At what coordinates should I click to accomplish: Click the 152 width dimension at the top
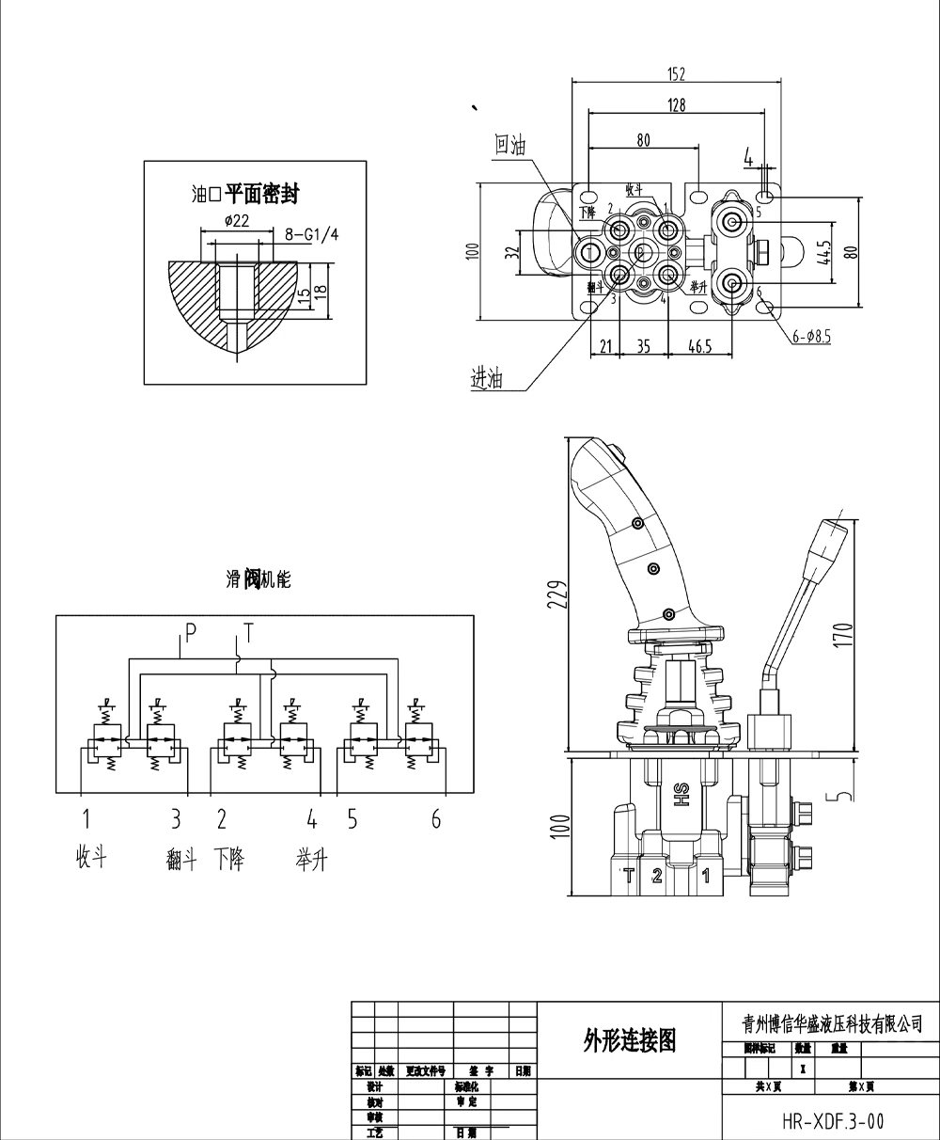point(677,74)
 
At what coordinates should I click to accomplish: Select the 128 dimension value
point(677,105)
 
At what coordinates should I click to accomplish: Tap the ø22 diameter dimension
point(237,221)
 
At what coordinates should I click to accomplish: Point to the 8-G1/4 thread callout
point(311,235)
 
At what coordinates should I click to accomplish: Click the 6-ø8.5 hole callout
point(810,333)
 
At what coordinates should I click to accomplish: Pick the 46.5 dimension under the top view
point(699,346)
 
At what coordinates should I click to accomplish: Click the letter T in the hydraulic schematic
point(248,631)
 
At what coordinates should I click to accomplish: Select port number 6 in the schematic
point(436,819)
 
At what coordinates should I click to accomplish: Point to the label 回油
point(510,145)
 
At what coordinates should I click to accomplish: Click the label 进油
point(487,379)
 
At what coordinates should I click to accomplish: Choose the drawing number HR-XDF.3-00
point(832,1120)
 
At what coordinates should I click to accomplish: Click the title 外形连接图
point(630,1039)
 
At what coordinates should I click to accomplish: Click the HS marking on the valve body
point(681,794)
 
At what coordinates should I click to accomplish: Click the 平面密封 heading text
point(261,195)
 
